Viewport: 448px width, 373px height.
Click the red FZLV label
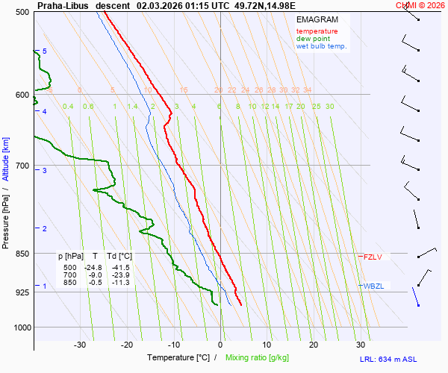click(373, 257)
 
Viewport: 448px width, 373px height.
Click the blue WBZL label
click(374, 286)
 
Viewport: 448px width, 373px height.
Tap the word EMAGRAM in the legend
click(317, 19)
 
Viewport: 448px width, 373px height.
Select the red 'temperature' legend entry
click(317, 31)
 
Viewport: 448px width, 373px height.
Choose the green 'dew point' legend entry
click(313, 39)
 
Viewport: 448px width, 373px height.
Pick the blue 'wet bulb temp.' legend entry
click(321, 46)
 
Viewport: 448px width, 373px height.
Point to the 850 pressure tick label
click(22, 254)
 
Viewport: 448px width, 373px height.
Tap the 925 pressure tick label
click(22, 292)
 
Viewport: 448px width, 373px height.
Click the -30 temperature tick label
click(80, 345)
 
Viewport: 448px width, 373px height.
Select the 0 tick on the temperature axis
click(220, 345)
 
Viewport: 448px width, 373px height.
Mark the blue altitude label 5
click(45, 51)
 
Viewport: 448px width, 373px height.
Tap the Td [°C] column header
click(118, 257)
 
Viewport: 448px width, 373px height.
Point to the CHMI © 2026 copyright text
click(420, 5)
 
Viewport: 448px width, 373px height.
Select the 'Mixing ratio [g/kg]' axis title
click(258, 358)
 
